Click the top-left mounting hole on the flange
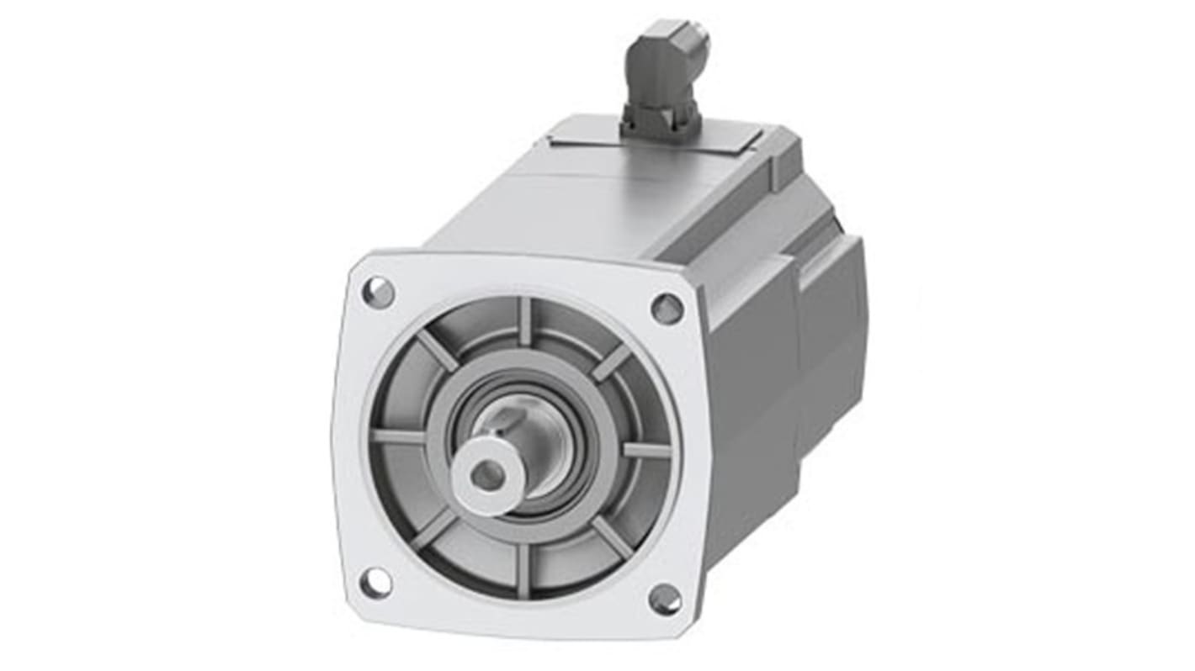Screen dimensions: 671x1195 click(378, 292)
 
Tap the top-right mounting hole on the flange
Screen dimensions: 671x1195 click(667, 309)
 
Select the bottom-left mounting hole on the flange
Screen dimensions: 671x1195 click(375, 582)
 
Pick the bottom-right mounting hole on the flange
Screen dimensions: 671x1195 click(665, 600)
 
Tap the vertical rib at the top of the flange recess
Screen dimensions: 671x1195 click(525, 320)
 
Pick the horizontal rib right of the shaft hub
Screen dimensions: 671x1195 click(646, 450)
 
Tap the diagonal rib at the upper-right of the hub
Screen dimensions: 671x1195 click(612, 362)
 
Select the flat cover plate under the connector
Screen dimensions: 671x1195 click(589, 139)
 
